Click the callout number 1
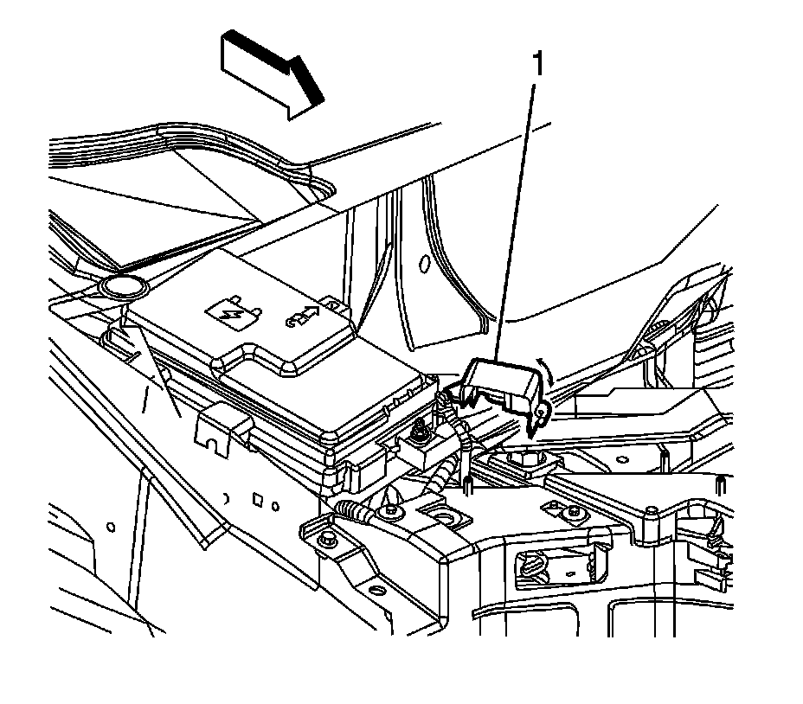coord(537,64)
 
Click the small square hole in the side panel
coord(257,499)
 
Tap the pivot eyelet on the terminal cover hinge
coord(540,416)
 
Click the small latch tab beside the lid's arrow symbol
coord(330,305)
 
